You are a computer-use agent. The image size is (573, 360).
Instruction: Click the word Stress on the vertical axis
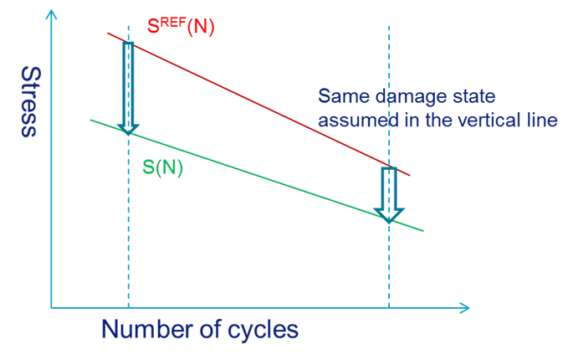pyautogui.click(x=28, y=101)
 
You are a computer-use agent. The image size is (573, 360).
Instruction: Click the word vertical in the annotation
pyautogui.click(x=487, y=120)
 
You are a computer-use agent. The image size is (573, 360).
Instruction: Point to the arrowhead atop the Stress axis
pyautogui.click(x=52, y=12)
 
